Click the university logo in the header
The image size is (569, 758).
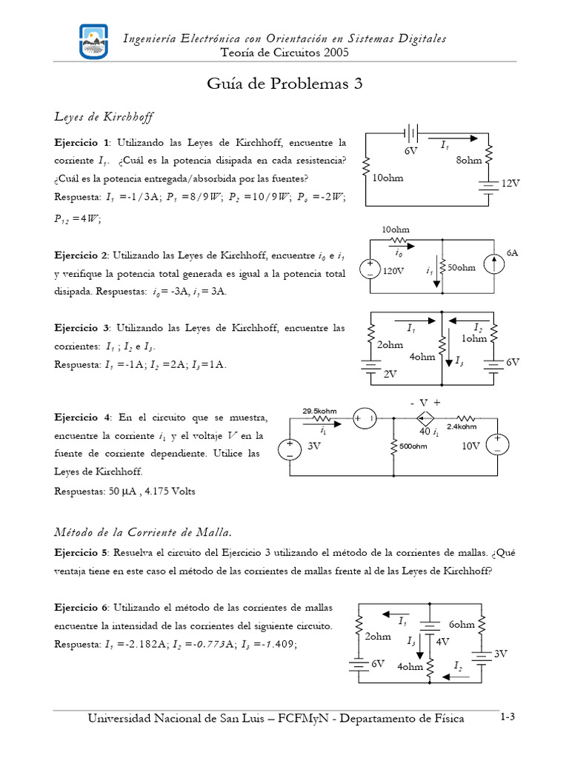click(93, 42)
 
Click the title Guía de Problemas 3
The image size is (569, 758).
click(284, 84)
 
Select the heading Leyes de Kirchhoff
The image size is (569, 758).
click(104, 117)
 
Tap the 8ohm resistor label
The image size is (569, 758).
click(468, 159)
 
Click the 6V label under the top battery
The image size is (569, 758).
click(410, 151)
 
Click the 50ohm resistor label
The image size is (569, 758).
click(461, 268)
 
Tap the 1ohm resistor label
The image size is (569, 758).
click(474, 338)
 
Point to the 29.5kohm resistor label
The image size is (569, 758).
click(319, 411)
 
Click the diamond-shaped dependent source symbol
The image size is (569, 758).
click(425, 418)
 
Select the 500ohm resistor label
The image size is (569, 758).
click(413, 446)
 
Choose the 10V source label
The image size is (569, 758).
click(471, 446)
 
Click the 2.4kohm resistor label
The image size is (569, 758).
click(482, 426)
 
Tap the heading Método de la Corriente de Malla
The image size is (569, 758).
click(144, 531)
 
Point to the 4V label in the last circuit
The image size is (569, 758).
click(443, 641)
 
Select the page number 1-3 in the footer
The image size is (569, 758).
click(508, 717)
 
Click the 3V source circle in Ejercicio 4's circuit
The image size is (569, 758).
click(289, 449)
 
